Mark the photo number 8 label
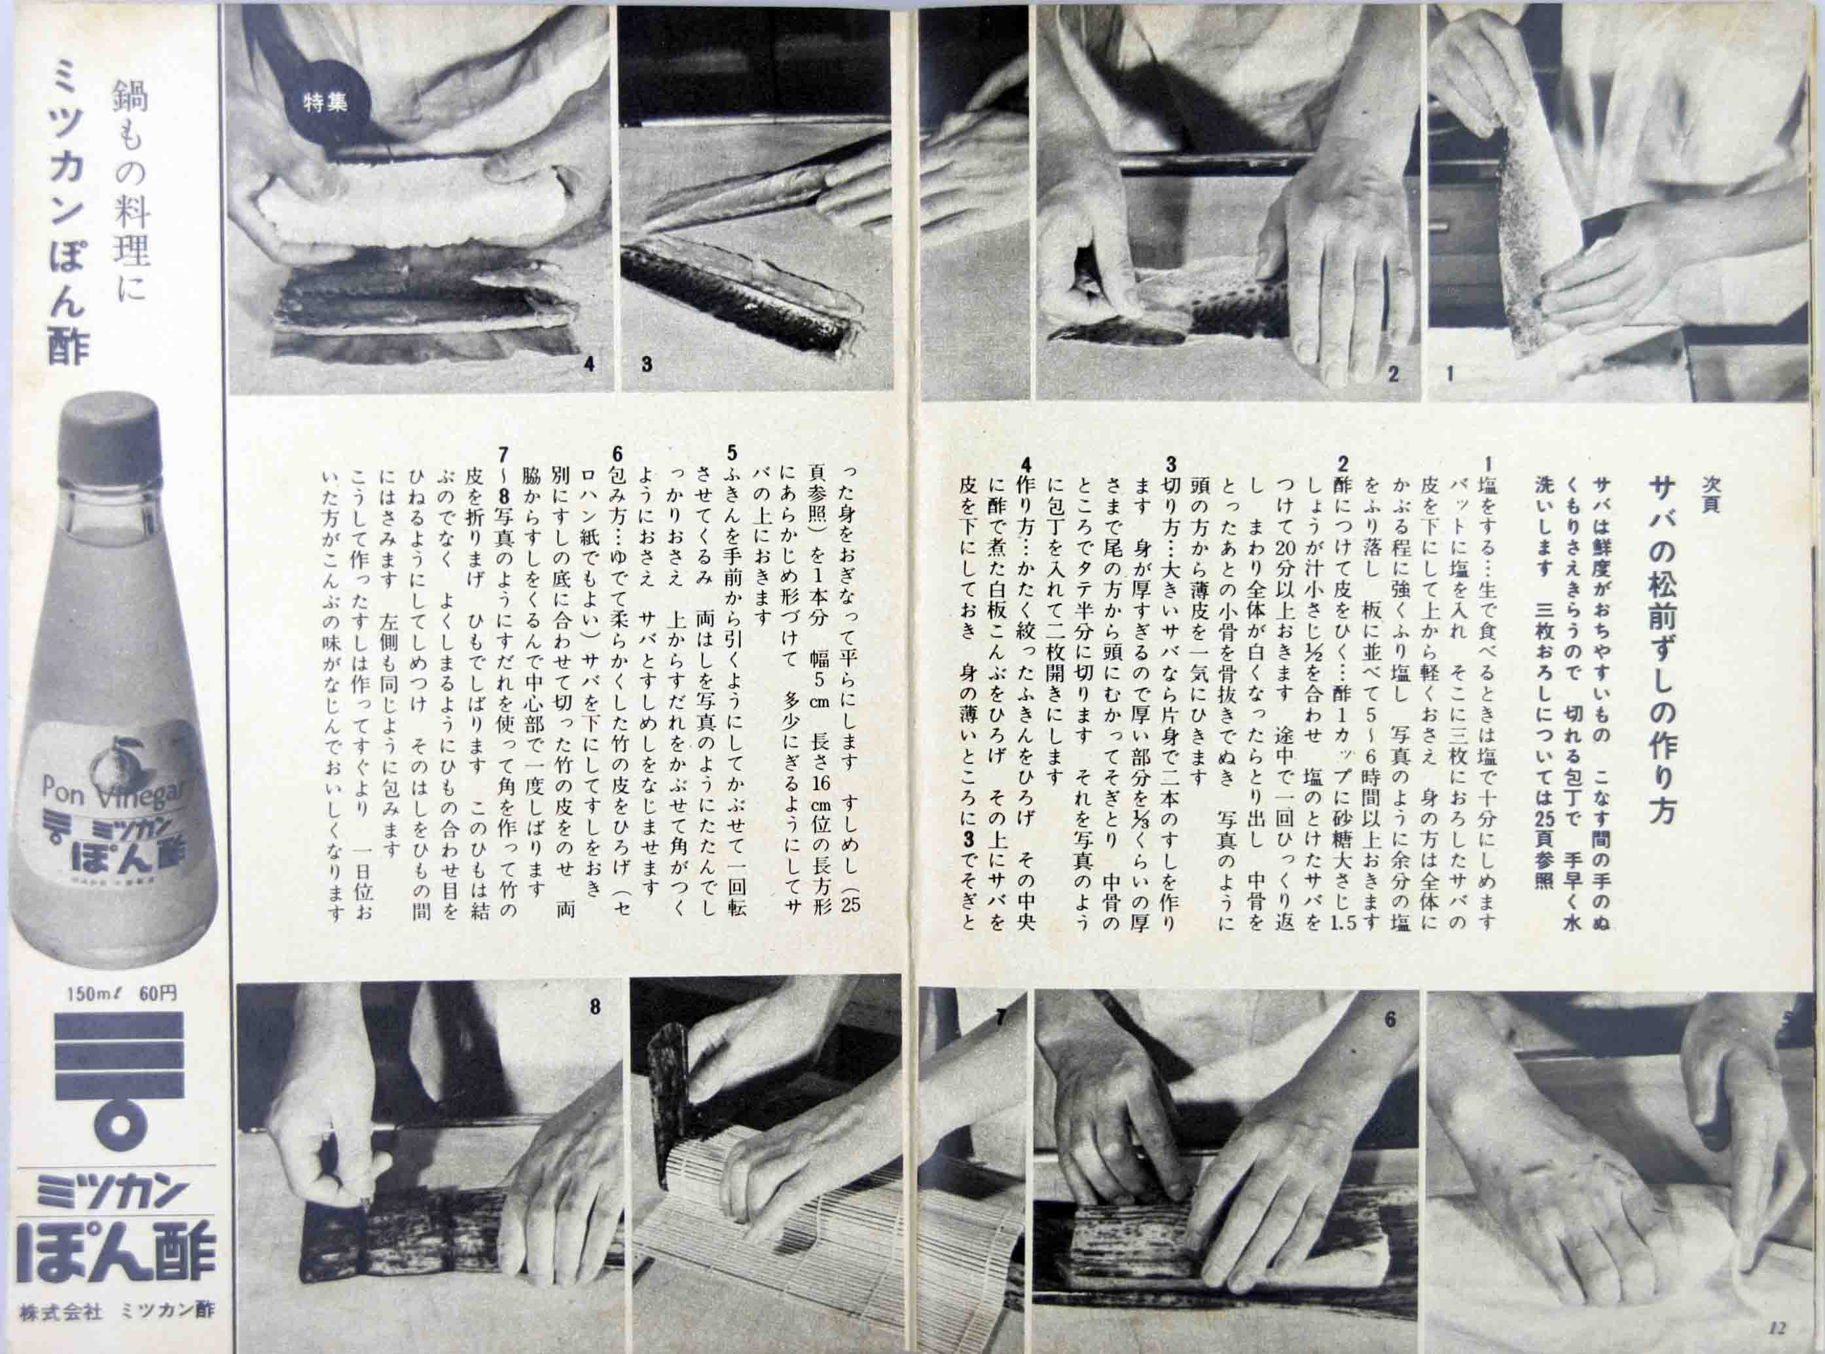tap(594, 1006)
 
